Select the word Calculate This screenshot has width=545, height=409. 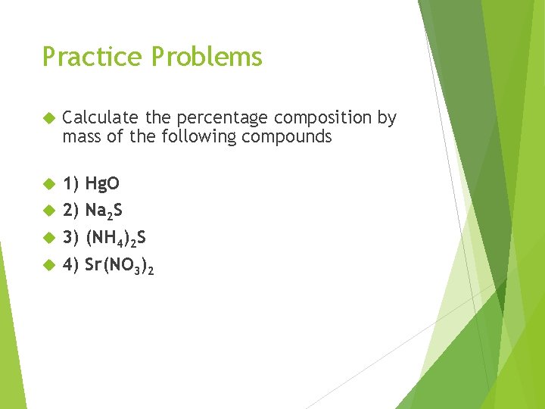[100, 117]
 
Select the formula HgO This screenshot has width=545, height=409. [102, 184]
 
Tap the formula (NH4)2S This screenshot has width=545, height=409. [116, 239]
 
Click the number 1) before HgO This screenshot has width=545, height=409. [71, 184]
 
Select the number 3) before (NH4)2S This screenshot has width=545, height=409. [71, 238]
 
